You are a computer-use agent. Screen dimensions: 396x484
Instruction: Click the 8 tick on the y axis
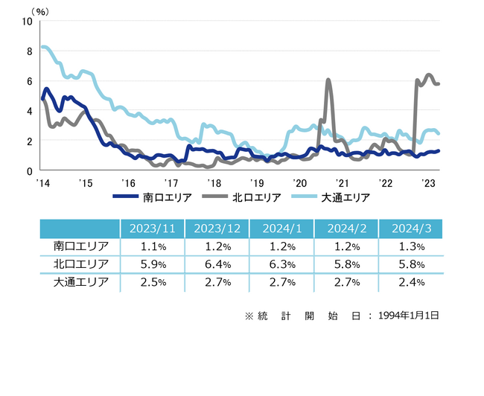tap(28, 51)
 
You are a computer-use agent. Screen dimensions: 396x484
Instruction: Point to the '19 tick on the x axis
tap(257, 183)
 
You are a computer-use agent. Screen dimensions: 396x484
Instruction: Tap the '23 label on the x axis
tap(428, 183)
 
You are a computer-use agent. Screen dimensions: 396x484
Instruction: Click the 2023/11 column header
tap(152, 229)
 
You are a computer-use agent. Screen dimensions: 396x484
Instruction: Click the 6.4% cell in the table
tap(217, 264)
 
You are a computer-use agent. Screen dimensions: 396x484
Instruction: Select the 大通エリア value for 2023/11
tap(152, 282)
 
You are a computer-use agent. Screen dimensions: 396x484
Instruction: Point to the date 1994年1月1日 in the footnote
tap(410, 316)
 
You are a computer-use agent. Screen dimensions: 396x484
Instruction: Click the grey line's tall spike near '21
tap(328, 80)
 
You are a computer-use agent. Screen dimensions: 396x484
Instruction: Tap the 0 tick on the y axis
tap(28, 170)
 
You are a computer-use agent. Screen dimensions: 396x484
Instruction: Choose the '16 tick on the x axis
tap(127, 183)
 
